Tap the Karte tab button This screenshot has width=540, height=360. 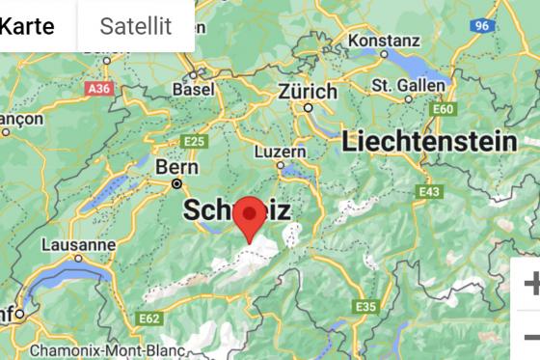coord(26,26)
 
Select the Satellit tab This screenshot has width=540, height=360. coord(135,26)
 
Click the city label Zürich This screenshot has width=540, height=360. coord(308,92)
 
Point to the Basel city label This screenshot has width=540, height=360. coord(194,89)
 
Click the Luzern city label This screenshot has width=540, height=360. coord(281,152)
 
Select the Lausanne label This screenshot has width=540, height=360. coord(79,245)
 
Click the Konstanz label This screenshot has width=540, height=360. coord(384,41)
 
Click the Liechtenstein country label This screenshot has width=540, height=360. coord(429,142)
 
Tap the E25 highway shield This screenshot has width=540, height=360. coord(194,141)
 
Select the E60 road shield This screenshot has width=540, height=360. coord(443,109)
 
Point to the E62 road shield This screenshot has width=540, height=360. coord(149,318)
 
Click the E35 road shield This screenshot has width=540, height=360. coord(365,306)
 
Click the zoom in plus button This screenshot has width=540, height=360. coord(530,284)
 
